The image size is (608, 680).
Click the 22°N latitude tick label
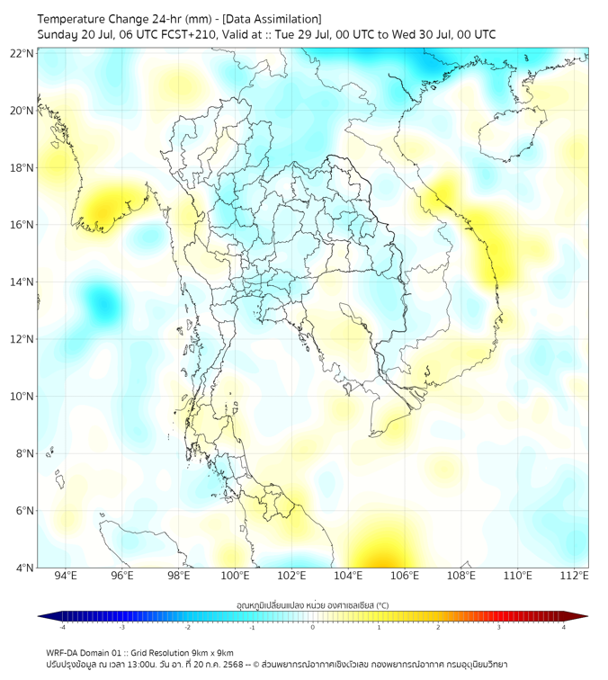point(22,54)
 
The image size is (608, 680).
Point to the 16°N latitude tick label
point(22,225)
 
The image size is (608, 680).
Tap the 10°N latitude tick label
point(22,397)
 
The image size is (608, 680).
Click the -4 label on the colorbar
point(62,627)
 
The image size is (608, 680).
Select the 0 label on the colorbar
point(313,627)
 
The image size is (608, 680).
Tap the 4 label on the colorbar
point(563,627)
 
